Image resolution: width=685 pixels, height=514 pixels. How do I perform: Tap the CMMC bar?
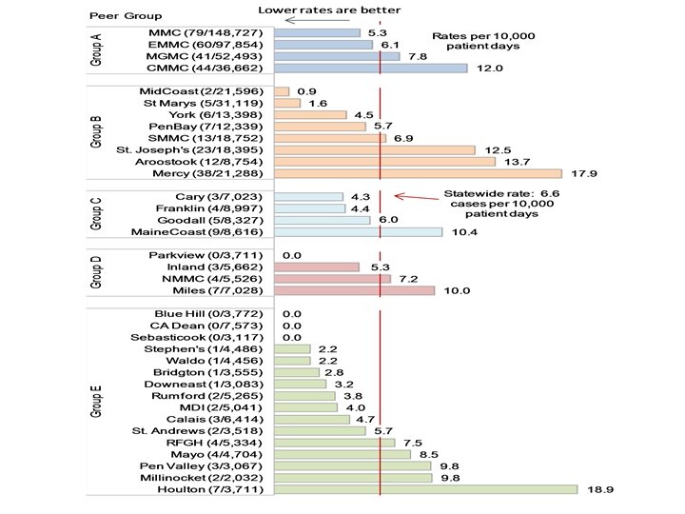370,69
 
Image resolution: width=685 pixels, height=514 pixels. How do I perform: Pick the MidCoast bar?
281,91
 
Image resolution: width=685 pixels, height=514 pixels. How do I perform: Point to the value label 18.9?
597,489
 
